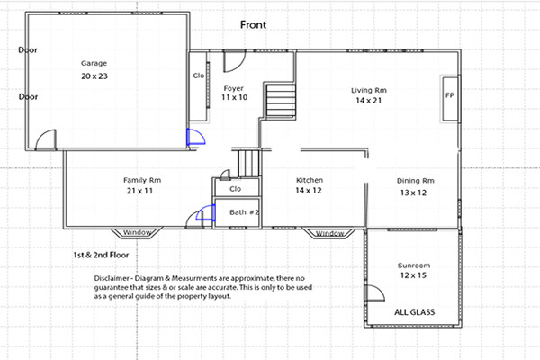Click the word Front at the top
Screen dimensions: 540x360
point(253,25)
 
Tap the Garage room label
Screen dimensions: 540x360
point(94,63)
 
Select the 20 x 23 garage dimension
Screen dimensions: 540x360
point(94,76)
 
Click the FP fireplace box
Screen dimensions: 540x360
point(450,99)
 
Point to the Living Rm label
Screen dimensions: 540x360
point(369,90)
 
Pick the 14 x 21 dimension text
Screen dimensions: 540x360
point(369,101)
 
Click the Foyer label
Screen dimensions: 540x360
point(233,88)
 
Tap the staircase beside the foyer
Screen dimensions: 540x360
point(281,102)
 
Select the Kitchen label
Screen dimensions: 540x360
point(310,180)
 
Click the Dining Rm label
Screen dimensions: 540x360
point(415,181)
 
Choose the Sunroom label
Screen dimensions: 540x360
point(414,265)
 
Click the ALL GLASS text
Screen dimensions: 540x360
point(414,312)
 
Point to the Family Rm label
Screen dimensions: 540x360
point(142,180)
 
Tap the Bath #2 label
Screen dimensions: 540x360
point(244,212)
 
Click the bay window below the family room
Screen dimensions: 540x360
point(137,233)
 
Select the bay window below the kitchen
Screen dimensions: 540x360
point(329,233)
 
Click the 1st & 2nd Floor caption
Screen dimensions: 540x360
point(101,256)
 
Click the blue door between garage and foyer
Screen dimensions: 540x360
point(195,137)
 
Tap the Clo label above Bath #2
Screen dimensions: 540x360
point(235,189)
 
